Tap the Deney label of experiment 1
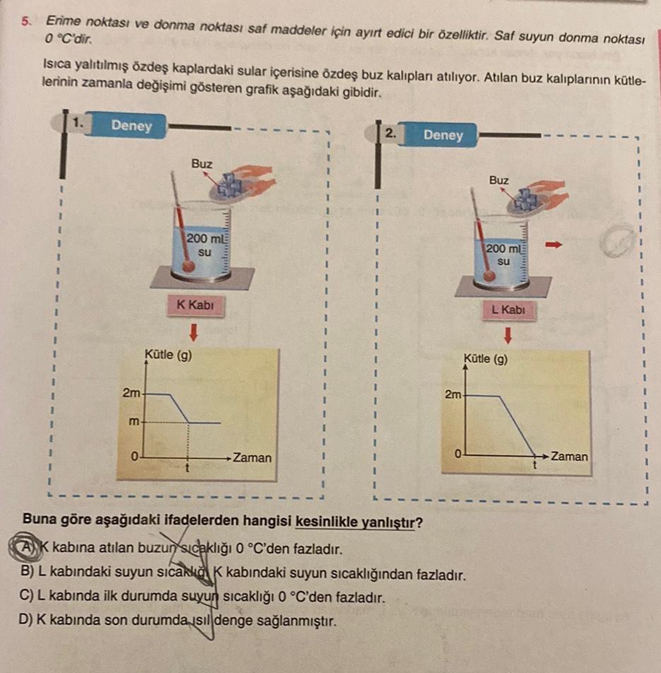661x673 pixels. click(131, 126)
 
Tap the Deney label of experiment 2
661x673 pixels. click(443, 135)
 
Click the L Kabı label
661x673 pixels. click(505, 310)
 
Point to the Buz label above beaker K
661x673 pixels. click(201, 163)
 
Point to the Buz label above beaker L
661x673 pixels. click(498, 180)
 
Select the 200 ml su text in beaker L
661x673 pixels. click(503, 254)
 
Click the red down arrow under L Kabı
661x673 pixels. click(506, 333)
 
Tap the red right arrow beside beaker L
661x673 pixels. click(556, 245)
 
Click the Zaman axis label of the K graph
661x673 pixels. click(252, 457)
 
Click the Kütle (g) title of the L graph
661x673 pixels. click(486, 358)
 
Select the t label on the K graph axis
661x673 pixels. click(187, 468)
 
